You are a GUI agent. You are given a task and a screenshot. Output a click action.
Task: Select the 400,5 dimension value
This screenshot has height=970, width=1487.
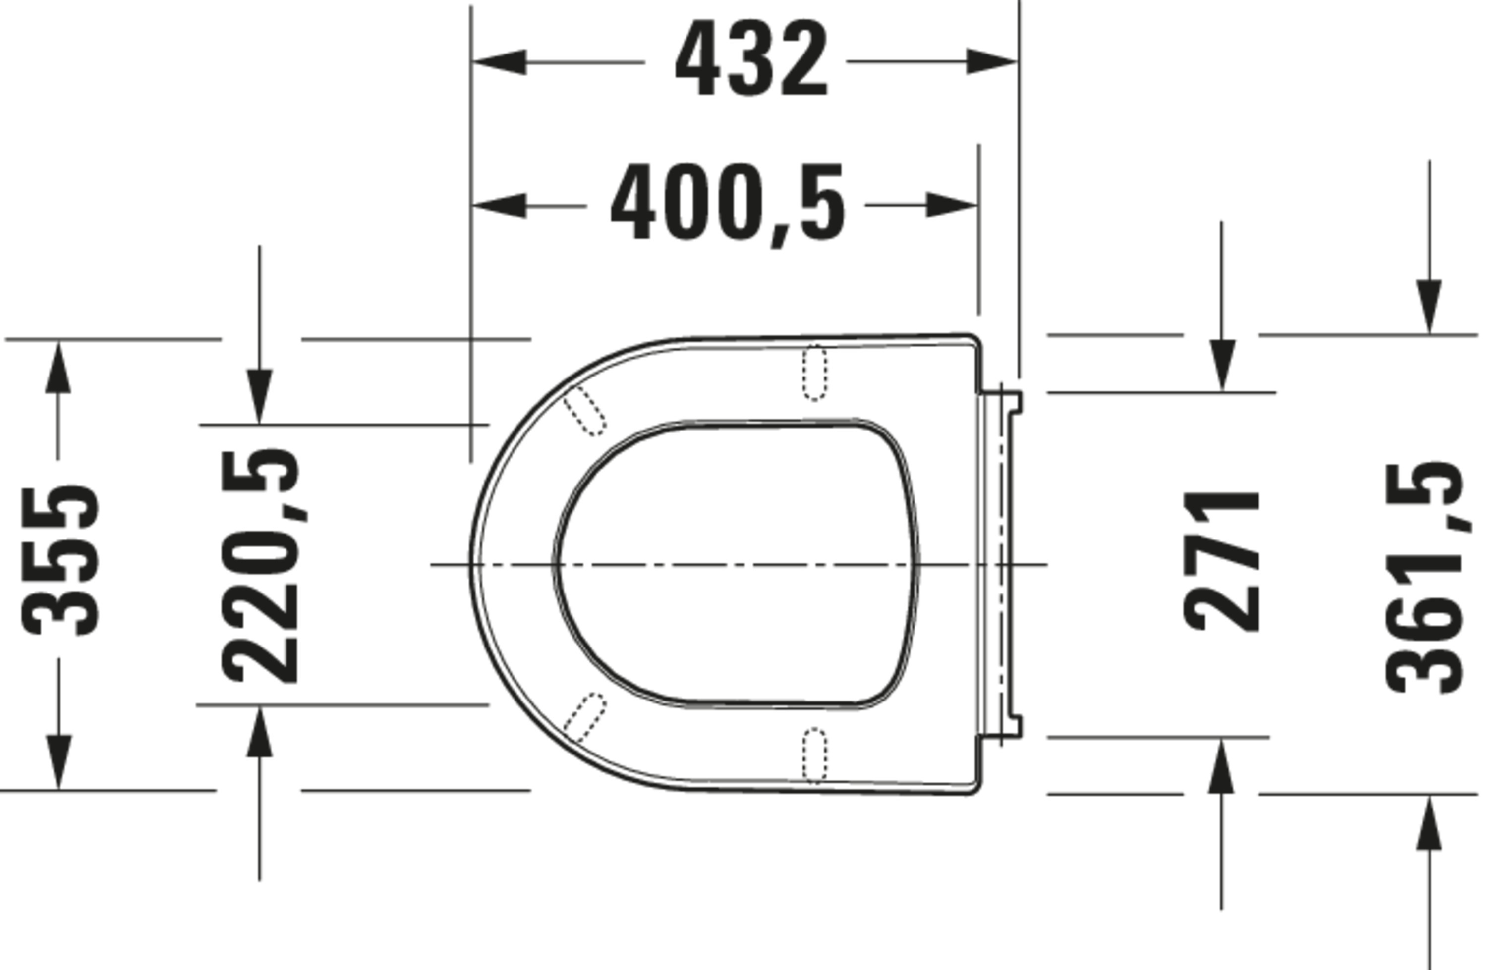click(x=728, y=204)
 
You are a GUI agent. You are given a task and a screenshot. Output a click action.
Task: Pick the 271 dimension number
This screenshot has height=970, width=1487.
click(x=1221, y=561)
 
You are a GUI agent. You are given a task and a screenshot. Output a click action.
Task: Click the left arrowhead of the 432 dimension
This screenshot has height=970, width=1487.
click(x=499, y=62)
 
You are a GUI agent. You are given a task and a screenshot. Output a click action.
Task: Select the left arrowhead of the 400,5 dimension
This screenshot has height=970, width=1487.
click(x=499, y=205)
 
